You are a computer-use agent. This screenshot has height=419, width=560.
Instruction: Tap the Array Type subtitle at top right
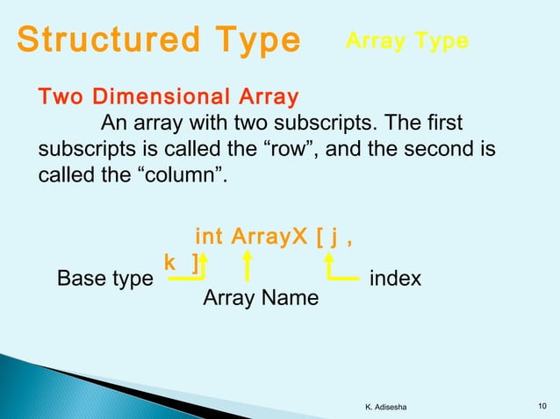tap(407, 41)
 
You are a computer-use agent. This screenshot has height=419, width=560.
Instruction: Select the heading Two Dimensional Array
tap(168, 96)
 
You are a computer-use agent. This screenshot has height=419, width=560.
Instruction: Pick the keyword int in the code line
tap(209, 237)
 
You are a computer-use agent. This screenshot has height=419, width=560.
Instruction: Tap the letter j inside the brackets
tap(334, 237)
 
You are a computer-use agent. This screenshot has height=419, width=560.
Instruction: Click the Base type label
tap(104, 279)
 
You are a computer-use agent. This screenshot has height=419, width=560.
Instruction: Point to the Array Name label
tap(261, 299)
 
